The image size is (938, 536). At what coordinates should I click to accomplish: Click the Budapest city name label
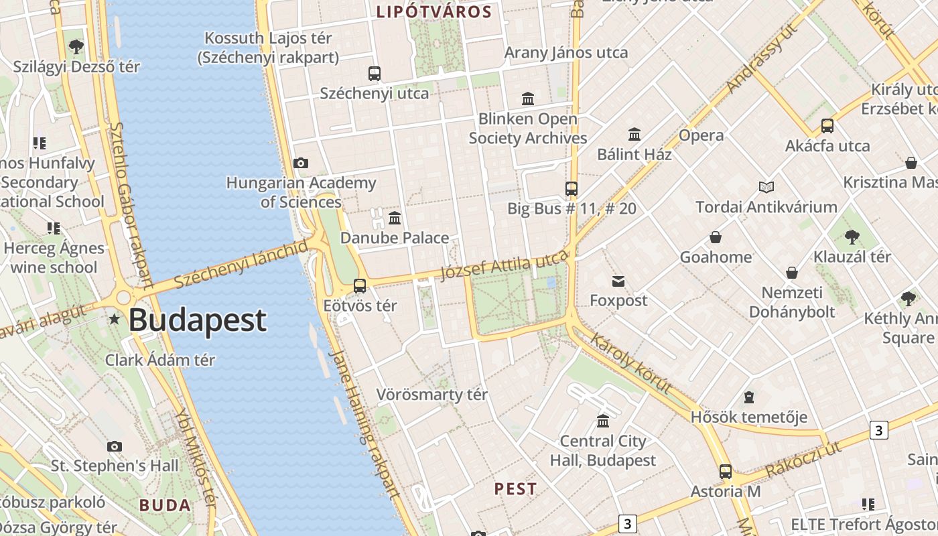pyautogui.click(x=198, y=320)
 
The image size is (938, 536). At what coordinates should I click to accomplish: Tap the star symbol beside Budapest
pyautogui.click(x=115, y=320)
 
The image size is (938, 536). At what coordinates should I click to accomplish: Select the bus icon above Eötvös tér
pyautogui.click(x=360, y=286)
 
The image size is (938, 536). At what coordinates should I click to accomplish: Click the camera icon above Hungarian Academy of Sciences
pyautogui.click(x=301, y=163)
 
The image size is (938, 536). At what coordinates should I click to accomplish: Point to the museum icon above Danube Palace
pyautogui.click(x=395, y=218)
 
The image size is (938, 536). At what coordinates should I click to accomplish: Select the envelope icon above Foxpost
pyautogui.click(x=618, y=281)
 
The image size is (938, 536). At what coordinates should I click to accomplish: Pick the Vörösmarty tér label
pyautogui.click(x=432, y=395)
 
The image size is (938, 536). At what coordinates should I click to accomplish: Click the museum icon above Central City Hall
pyautogui.click(x=603, y=421)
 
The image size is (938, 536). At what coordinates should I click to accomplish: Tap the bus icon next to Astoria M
pyautogui.click(x=726, y=471)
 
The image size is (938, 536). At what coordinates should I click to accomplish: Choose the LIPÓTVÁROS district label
pyautogui.click(x=434, y=11)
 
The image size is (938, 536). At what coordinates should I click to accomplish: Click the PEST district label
pyautogui.click(x=516, y=489)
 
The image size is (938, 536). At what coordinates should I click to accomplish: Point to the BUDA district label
pyautogui.click(x=165, y=505)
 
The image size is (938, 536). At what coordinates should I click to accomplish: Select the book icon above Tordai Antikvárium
pyautogui.click(x=766, y=187)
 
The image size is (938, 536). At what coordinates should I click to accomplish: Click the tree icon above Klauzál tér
pyautogui.click(x=852, y=237)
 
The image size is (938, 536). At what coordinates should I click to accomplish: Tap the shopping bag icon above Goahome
pyautogui.click(x=716, y=237)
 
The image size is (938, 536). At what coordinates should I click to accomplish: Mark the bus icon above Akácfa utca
pyautogui.click(x=827, y=126)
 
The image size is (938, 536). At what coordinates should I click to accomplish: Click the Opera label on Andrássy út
pyautogui.click(x=701, y=135)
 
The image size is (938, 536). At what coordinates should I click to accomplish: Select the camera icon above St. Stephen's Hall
pyautogui.click(x=115, y=446)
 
